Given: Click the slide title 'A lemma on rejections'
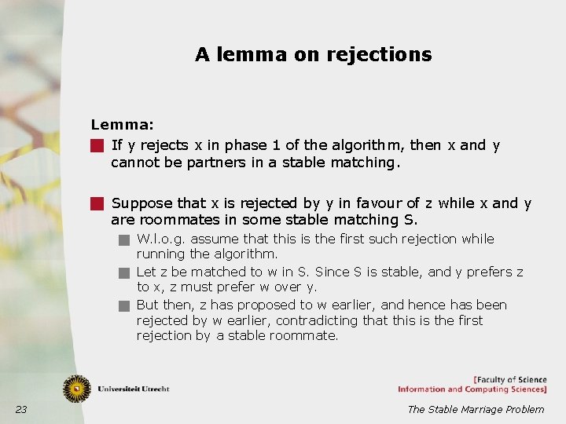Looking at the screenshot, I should click(313, 54).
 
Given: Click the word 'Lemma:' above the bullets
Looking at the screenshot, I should click(122, 124).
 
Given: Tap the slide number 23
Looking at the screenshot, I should click(21, 409).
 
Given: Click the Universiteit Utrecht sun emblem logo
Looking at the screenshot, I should click(77, 389).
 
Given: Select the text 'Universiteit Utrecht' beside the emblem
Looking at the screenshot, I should click(134, 389).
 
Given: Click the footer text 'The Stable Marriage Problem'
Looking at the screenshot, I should click(475, 409).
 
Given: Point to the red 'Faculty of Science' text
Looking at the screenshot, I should click(510, 380).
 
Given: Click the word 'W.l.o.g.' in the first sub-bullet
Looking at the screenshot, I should click(161, 239).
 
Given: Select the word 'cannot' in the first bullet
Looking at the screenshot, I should click(133, 163).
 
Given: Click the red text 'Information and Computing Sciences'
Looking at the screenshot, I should click(472, 389).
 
